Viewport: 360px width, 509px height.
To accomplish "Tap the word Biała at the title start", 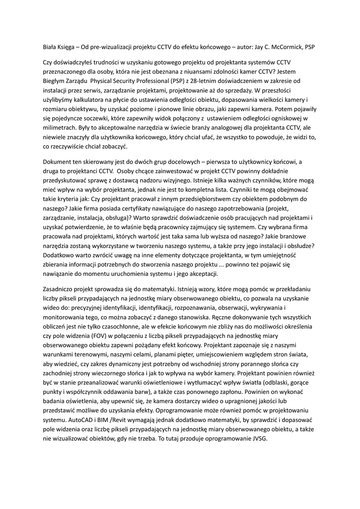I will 51,47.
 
